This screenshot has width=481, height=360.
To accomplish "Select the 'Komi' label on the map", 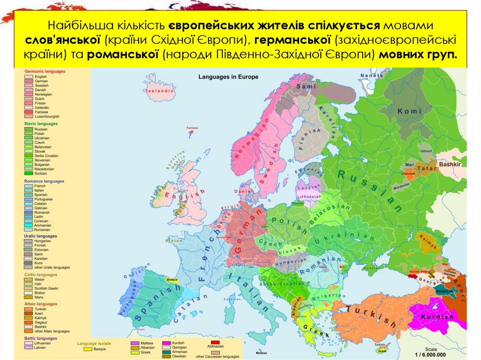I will pos(407,111).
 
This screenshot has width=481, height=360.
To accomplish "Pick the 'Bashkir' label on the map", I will pos(450,164).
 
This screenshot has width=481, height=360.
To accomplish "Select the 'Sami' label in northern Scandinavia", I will pos(306,86).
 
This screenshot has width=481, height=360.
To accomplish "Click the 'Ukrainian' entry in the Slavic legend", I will pos(41,138).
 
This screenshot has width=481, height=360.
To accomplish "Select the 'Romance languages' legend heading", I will pos(45,181).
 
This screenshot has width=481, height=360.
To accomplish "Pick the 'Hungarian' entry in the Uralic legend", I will pos(42,240).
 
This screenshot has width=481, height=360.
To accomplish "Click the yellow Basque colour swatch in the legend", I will pos(87,349).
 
